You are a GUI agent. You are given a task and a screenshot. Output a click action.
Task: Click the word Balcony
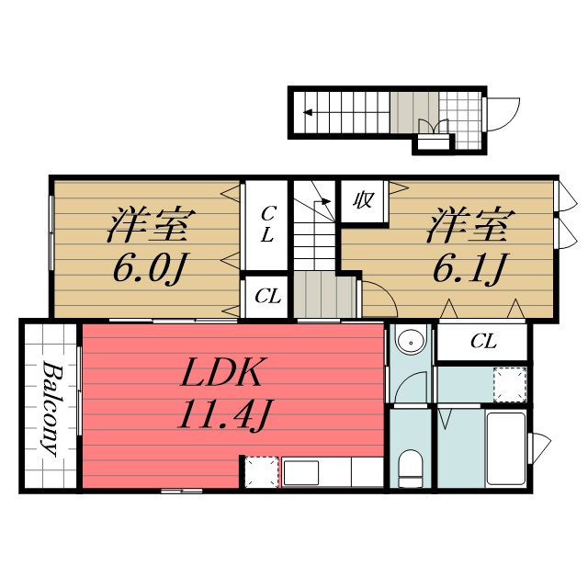(51, 410)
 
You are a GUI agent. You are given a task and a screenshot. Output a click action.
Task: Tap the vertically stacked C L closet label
(266, 224)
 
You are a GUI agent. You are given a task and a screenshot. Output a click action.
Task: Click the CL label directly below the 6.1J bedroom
(483, 342)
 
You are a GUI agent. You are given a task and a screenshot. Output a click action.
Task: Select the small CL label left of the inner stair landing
(267, 297)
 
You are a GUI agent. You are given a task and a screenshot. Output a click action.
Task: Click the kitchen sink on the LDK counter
(313, 473)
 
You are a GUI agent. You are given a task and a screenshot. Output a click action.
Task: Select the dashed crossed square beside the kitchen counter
(260, 473)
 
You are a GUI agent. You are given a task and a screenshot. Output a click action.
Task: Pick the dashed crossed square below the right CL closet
(510, 384)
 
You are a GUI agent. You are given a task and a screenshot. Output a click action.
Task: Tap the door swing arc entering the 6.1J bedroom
(378, 298)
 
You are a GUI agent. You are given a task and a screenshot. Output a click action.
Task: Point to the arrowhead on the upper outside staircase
(308, 113)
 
